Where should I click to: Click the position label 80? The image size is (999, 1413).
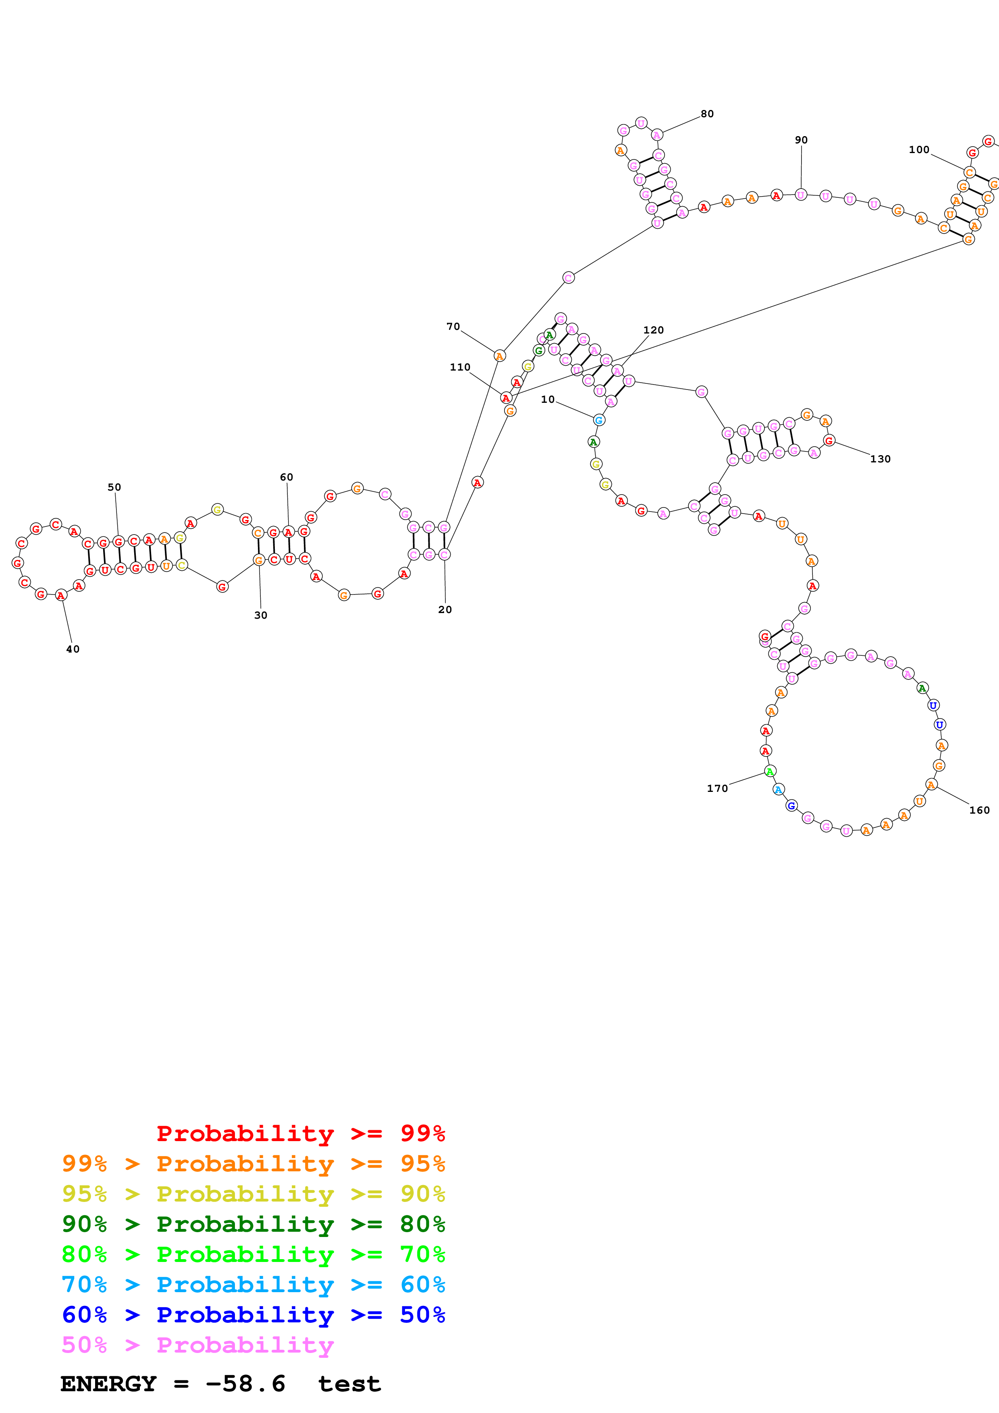[x=706, y=114]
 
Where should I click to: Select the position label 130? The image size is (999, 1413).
[x=880, y=459]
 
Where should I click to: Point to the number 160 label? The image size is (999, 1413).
[x=979, y=810]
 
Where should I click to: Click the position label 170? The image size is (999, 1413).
[x=717, y=788]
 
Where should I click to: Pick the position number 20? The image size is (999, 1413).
[x=444, y=610]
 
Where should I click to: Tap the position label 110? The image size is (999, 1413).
[x=460, y=367]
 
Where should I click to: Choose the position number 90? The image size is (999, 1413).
[x=801, y=140]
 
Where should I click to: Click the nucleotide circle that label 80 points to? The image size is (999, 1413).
[x=657, y=135]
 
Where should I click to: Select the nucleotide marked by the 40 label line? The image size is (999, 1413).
[x=61, y=595]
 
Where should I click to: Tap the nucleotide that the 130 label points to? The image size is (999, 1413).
[x=829, y=441]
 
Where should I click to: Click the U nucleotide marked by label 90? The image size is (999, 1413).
[x=800, y=195]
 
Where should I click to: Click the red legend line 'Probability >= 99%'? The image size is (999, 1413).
[x=300, y=1133]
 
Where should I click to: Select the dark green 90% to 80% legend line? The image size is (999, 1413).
[x=253, y=1224]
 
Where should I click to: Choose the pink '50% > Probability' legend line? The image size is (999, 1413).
[x=197, y=1345]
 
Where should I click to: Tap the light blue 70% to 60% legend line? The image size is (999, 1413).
[x=253, y=1285]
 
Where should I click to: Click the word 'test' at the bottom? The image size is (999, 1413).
[x=349, y=1384]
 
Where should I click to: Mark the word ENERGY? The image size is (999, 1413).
[x=108, y=1384]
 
